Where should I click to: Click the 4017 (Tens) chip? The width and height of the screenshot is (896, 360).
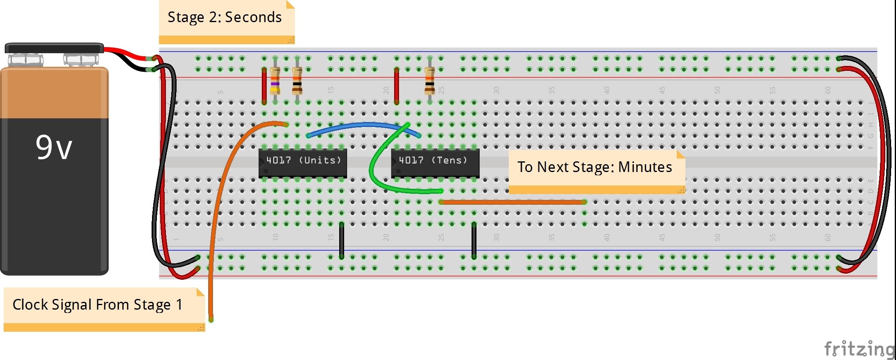(x=435, y=163)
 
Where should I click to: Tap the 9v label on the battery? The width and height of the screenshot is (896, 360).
(x=54, y=148)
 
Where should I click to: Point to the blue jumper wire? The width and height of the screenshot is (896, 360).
(x=361, y=125)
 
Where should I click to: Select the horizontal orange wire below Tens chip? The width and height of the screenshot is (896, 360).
(x=512, y=202)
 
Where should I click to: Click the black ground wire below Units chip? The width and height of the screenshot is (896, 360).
(x=341, y=241)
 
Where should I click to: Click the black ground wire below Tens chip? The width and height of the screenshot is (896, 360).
(x=474, y=241)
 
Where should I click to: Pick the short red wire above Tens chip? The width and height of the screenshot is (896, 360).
(x=396, y=86)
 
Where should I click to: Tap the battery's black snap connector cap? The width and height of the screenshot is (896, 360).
(x=54, y=48)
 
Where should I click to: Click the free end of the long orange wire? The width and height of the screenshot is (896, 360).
(x=211, y=319)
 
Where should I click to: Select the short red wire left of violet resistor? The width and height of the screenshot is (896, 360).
(x=264, y=86)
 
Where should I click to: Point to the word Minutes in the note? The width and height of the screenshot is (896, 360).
(x=645, y=167)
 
